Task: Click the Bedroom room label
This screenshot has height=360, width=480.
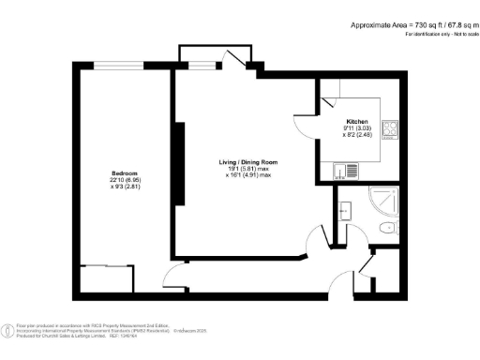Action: point(125,173)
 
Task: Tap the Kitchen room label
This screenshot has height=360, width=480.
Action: point(355,121)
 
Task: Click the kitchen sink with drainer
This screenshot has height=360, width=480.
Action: point(348,171)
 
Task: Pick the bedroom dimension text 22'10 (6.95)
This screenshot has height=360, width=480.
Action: point(125,181)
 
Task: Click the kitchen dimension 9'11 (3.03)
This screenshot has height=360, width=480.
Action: point(355,128)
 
